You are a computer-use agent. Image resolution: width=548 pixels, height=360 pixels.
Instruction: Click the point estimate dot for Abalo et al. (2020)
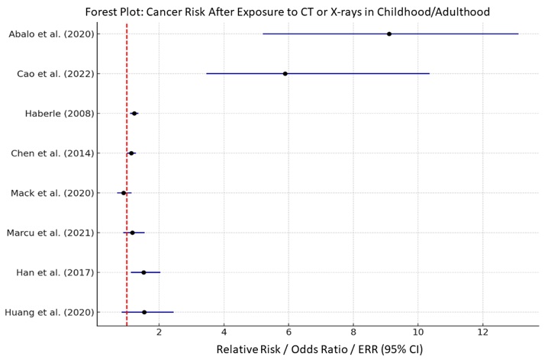pyautogui.click(x=389, y=34)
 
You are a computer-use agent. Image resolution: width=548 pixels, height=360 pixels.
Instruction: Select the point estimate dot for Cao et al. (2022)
pyautogui.click(x=285, y=74)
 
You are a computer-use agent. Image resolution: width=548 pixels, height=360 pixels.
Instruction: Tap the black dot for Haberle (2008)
pyautogui.click(x=134, y=114)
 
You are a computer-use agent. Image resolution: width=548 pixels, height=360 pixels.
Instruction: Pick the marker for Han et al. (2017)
pyautogui.click(x=143, y=272)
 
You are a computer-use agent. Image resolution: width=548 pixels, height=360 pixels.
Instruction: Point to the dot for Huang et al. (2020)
pyautogui.click(x=144, y=312)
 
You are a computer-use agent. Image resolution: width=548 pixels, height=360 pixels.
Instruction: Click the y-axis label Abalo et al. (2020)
pyautogui.click(x=51, y=34)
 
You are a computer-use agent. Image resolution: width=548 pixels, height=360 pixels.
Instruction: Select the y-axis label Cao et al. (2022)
pyautogui.click(x=56, y=74)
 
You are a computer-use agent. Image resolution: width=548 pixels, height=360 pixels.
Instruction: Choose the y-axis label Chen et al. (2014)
pyautogui.click(x=53, y=153)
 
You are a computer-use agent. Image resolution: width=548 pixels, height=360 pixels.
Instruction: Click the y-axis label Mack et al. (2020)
pyautogui.click(x=53, y=193)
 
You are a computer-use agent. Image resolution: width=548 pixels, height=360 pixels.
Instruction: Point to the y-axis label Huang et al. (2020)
pyautogui.click(x=50, y=312)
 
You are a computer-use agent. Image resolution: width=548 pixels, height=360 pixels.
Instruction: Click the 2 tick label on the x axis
pyautogui.click(x=159, y=334)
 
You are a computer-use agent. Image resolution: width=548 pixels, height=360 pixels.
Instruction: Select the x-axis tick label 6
pyautogui.click(x=289, y=334)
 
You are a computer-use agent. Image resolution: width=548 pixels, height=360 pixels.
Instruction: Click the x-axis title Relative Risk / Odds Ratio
pyautogui.click(x=319, y=350)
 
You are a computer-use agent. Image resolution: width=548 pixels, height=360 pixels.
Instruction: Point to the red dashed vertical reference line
pyautogui.click(x=127, y=175)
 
